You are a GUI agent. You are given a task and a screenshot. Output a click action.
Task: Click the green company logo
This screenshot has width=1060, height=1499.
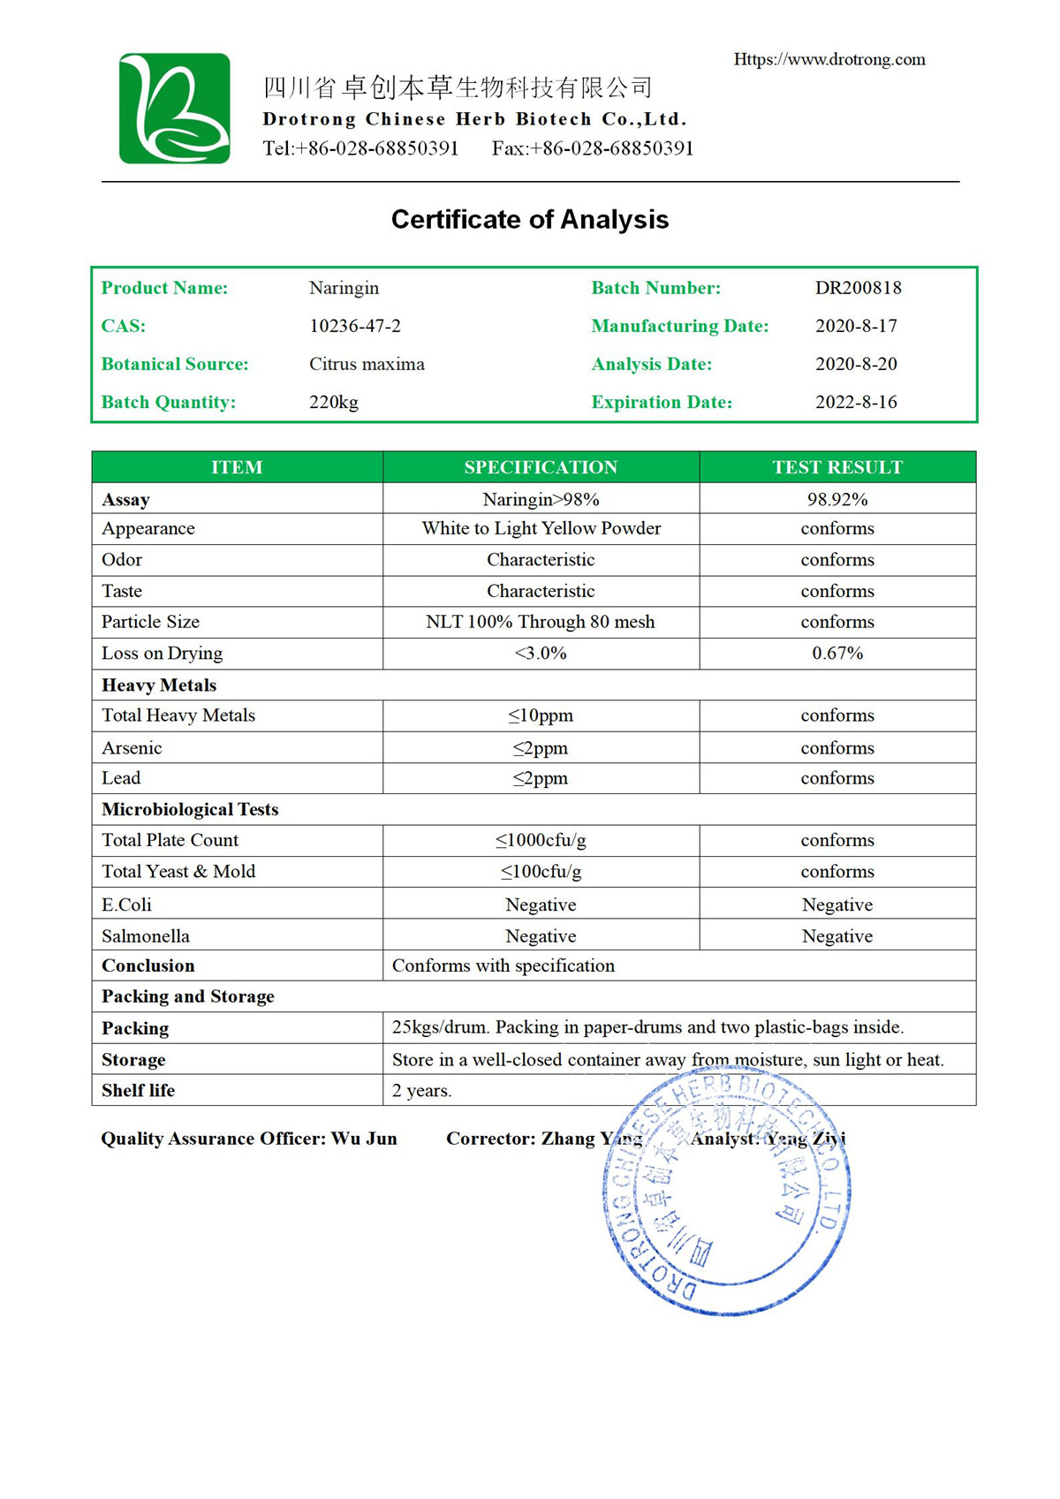click(x=175, y=109)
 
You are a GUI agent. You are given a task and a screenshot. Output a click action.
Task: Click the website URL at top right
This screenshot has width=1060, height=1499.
click(x=829, y=59)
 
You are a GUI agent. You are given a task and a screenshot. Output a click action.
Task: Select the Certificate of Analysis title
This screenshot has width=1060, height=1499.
click(x=530, y=219)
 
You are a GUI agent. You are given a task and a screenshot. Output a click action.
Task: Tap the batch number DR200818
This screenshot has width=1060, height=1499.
click(x=858, y=288)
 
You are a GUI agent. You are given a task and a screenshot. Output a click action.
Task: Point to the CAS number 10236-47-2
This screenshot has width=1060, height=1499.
click(x=355, y=326)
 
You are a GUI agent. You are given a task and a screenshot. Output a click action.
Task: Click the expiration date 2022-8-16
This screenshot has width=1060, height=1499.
click(x=856, y=402)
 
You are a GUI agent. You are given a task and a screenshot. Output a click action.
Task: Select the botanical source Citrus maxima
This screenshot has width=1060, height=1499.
click(x=367, y=364)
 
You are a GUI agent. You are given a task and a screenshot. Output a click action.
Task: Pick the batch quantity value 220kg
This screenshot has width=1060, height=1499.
click(x=334, y=402)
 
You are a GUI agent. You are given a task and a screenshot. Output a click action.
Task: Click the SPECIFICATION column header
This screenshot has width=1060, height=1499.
click(x=541, y=467)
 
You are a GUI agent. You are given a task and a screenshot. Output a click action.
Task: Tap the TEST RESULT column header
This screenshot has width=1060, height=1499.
click(x=837, y=467)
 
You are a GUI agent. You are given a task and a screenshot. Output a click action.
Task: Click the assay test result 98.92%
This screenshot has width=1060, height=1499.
click(x=837, y=499)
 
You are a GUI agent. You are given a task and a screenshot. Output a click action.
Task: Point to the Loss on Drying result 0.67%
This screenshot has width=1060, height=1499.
click(x=837, y=654)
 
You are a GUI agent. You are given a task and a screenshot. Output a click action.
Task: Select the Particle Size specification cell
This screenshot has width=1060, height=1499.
click(x=541, y=622)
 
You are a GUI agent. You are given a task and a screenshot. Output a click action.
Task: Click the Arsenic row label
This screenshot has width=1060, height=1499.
click(x=132, y=748)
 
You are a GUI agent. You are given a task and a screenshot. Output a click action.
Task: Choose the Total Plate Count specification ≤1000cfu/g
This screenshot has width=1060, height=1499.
click(x=541, y=840)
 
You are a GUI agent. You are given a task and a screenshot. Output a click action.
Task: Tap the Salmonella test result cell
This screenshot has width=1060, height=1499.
click(x=837, y=936)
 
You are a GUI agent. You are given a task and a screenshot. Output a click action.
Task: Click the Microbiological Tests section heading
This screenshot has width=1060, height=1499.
click(x=190, y=809)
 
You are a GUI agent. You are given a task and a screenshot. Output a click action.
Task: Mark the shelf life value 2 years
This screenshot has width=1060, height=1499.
click(x=422, y=1091)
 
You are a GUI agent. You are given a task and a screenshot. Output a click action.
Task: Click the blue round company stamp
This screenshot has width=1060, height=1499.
click(x=726, y=1192)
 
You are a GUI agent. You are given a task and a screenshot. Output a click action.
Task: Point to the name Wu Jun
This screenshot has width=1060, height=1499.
click(x=364, y=1139)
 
